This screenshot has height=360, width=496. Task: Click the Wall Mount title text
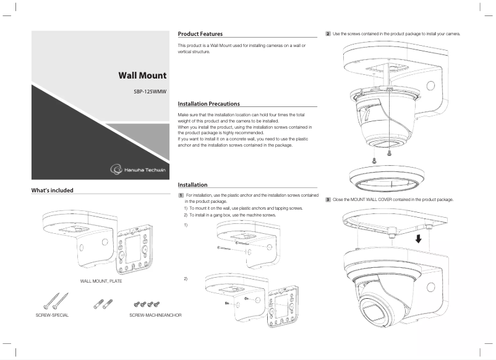coord(142,75)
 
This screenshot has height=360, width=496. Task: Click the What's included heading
coord(53,190)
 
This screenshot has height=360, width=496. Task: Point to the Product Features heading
coord(200,33)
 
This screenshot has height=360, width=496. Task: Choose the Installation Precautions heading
coord(208,103)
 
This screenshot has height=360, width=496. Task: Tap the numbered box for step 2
coord(328,33)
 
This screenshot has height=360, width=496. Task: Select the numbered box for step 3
coord(328,200)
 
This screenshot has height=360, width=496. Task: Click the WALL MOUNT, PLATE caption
coord(101,281)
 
